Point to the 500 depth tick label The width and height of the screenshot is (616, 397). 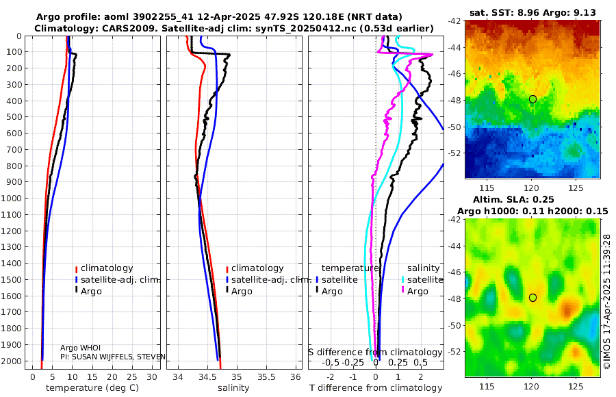tap(16, 117)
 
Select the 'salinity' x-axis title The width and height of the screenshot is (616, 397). tap(233, 388)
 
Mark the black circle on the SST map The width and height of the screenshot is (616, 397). tap(532, 99)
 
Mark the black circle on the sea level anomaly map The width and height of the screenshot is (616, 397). tap(532, 298)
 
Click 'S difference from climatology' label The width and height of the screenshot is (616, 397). tap(376, 352)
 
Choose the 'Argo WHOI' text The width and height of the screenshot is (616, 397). tap(80, 348)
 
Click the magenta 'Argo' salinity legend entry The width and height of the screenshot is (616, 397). tap(418, 292)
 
